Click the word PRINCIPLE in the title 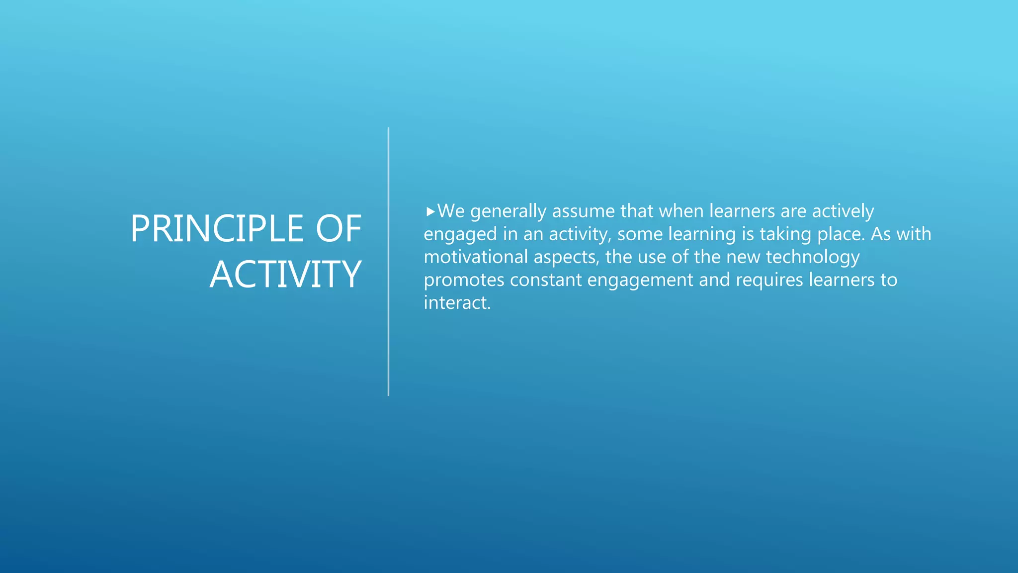[x=217, y=229]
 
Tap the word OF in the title [x=339, y=229]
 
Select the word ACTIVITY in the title [x=285, y=275]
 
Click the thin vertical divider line [x=388, y=262]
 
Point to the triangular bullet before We [x=430, y=212]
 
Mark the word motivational [x=475, y=257]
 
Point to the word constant [x=545, y=280]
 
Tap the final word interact [x=456, y=303]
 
